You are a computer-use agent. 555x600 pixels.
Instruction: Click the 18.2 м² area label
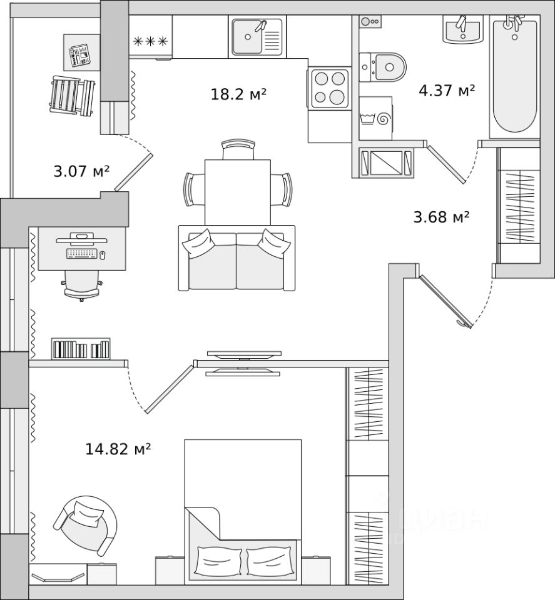point(238,94)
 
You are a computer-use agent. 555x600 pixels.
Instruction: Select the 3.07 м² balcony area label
point(81,170)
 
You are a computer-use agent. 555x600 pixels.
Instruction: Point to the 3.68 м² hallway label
point(441,217)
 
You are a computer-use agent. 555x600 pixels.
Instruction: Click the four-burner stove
point(328,87)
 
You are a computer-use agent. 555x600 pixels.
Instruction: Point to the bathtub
point(514,75)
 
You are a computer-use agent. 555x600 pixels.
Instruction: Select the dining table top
point(237,191)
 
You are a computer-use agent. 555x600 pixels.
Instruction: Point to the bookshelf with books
point(81,348)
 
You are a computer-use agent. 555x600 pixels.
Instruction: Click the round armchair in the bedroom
point(88,523)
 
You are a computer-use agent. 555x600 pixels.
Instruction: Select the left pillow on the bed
point(218,560)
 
